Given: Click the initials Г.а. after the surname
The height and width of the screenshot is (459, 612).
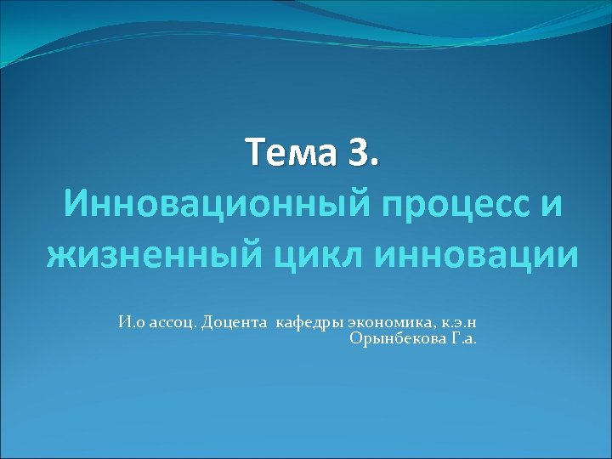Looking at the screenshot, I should [465, 338].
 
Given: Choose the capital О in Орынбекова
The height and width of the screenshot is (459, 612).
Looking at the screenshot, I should [354, 338].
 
